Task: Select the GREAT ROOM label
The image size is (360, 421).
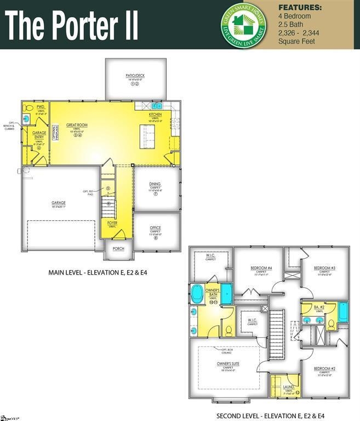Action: (x=77, y=125)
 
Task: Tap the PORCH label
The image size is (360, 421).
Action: (x=118, y=248)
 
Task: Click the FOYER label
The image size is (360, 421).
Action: (x=112, y=223)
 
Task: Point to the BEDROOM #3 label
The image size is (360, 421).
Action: (x=324, y=268)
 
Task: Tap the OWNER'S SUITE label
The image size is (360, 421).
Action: (x=228, y=363)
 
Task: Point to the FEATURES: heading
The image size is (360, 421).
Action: (x=300, y=8)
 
